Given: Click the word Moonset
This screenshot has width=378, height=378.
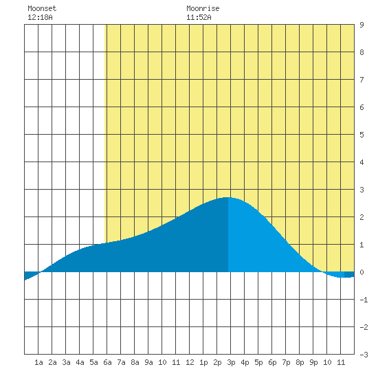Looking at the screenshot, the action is click(42, 8).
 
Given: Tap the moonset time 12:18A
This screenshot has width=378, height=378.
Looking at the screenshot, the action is click(40, 17).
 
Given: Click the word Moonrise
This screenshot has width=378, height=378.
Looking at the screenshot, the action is click(203, 8).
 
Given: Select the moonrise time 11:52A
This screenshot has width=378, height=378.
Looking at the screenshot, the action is click(199, 17).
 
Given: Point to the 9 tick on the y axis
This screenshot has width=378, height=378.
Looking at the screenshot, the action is click(362, 25).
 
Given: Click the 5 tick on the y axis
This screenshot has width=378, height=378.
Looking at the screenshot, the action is click(362, 135).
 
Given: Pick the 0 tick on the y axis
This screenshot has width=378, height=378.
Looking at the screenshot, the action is click(362, 272).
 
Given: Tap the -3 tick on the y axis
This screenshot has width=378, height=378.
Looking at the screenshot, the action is click(364, 355).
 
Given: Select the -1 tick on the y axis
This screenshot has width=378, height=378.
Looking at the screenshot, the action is click(364, 300).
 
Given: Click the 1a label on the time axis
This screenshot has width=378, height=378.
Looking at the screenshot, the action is click(38, 362).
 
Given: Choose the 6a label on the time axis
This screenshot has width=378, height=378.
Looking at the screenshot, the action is click(107, 362).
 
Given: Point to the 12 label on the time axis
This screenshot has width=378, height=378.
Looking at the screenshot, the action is click(190, 362).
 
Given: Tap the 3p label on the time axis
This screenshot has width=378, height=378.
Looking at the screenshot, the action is click(231, 362).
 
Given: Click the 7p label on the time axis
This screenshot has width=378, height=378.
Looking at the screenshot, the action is click(286, 362).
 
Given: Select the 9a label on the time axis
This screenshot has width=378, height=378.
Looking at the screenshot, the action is click(148, 362).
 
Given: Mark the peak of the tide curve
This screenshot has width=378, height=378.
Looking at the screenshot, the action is click(227, 197).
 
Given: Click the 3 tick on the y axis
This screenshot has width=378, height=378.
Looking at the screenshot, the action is click(362, 190).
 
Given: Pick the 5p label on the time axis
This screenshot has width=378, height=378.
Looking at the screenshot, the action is click(258, 362).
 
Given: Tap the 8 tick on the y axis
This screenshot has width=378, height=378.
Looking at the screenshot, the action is click(362, 52).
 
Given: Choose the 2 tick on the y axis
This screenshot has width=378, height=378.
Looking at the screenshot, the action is click(362, 217).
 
